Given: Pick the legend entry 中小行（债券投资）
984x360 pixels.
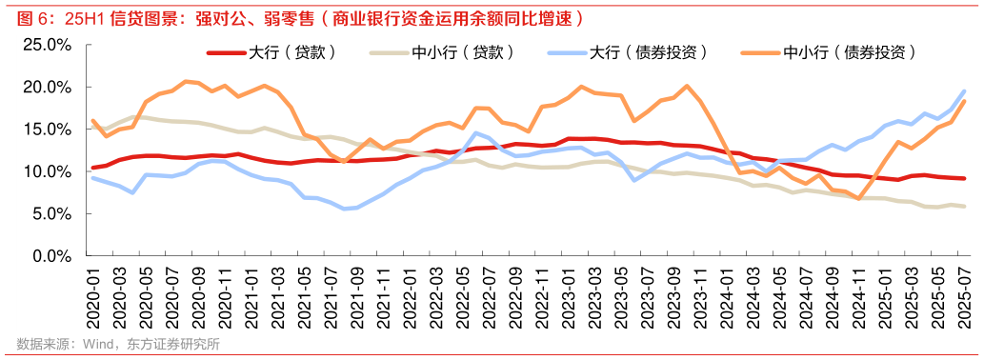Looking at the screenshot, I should tap(843, 53).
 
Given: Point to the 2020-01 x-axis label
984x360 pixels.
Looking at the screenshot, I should tap(92, 296).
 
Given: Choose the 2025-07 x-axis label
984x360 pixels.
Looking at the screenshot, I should tap(964, 296).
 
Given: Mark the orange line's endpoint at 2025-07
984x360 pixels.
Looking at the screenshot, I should tap(964, 101).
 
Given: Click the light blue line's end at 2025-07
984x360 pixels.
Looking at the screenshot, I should tap(964, 91).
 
